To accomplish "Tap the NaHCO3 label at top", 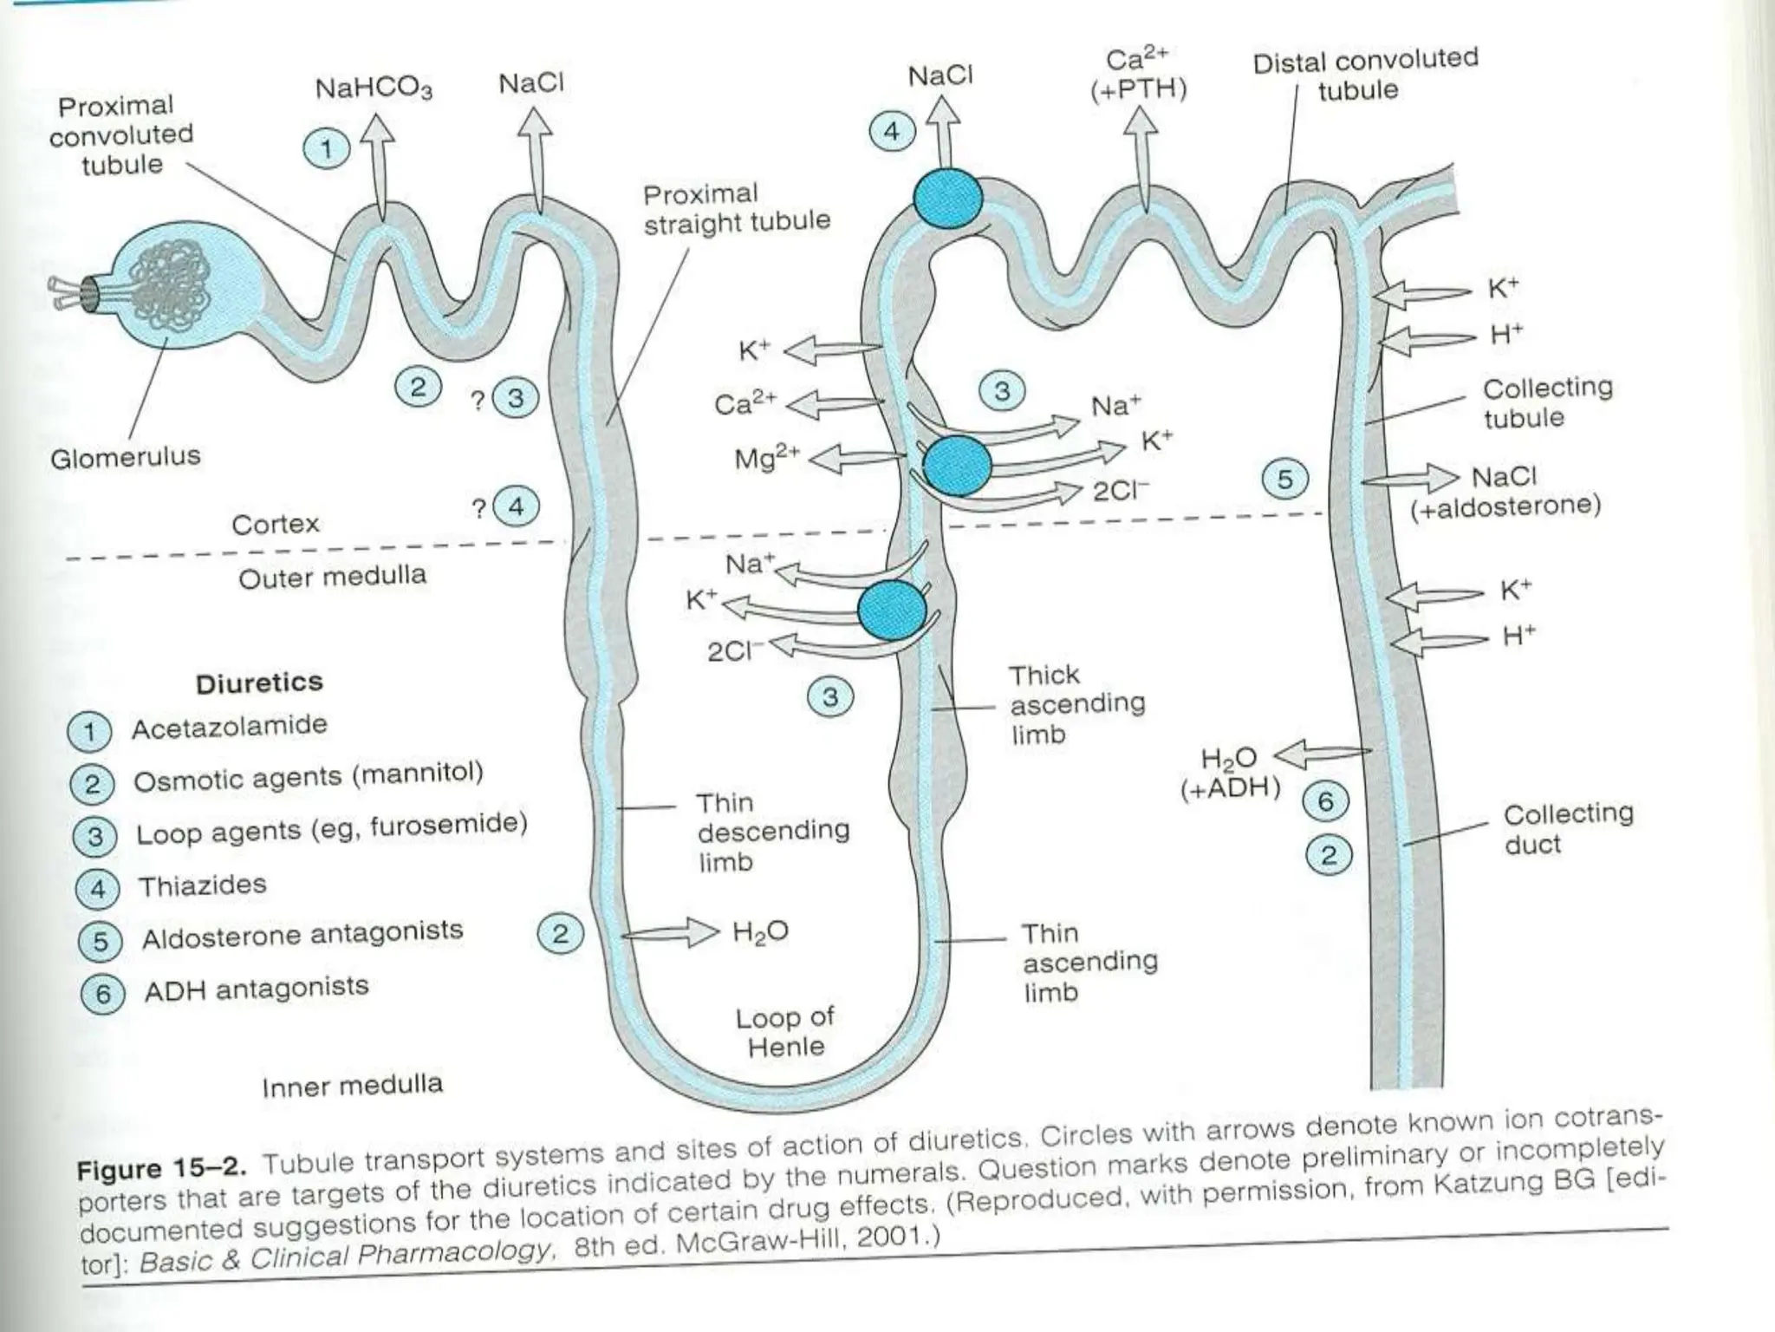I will [x=374, y=88].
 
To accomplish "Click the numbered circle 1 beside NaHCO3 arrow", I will [x=327, y=149].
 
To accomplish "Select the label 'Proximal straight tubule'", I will [x=736, y=208].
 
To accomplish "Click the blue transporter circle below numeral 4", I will [x=947, y=199].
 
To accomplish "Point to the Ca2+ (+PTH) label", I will [x=1138, y=75].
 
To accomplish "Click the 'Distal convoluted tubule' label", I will [x=1364, y=75].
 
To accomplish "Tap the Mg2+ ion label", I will [x=766, y=456].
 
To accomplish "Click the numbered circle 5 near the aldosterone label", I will [x=1284, y=479].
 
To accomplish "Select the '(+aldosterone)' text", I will [x=1505, y=506].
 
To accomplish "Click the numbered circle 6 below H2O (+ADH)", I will [x=1325, y=801].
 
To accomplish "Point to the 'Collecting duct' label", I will [x=1567, y=828].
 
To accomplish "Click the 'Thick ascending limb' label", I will [x=1076, y=704].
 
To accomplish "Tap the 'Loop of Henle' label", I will [x=785, y=1032].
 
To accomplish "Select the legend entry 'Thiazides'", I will [x=202, y=885].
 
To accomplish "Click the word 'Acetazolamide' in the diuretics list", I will [x=229, y=727].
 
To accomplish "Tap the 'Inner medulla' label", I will [x=352, y=1085].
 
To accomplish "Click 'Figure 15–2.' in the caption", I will [x=161, y=1169].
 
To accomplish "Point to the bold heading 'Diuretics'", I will [x=259, y=683].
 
